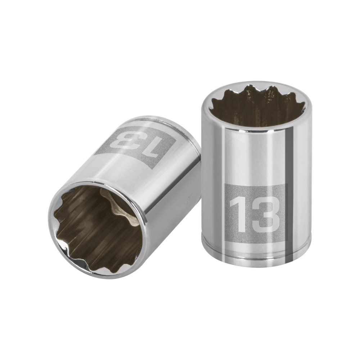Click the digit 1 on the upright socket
click(238, 215)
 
